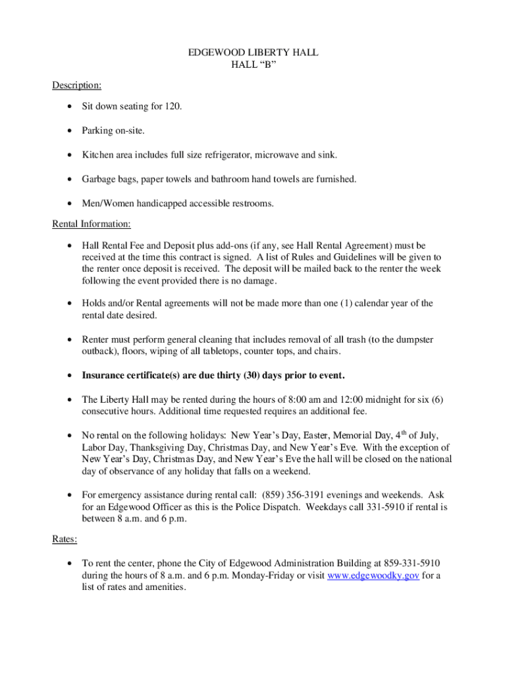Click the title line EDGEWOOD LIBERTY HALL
pyautogui.click(x=254, y=52)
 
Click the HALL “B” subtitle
pyautogui.click(x=254, y=65)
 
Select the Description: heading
pyautogui.click(x=77, y=86)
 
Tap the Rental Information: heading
pyautogui.click(x=92, y=224)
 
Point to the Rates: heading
pyautogui.click(x=65, y=539)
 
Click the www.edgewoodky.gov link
pyautogui.click(x=373, y=575)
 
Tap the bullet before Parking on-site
pyautogui.click(x=69, y=131)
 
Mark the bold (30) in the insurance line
pyautogui.click(x=251, y=376)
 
